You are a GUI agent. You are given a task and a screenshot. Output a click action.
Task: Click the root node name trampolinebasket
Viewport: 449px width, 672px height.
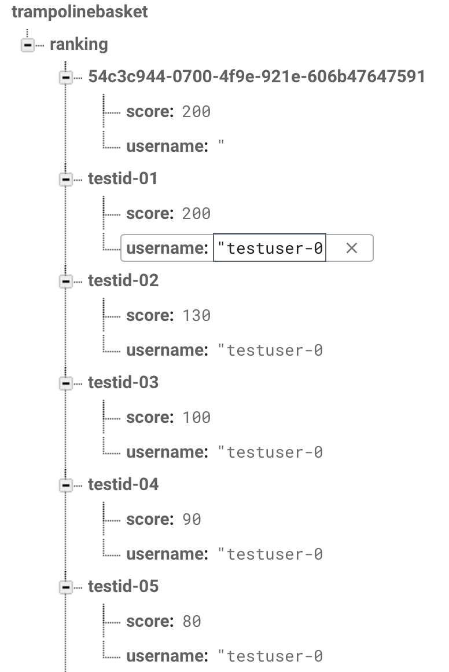tap(80, 12)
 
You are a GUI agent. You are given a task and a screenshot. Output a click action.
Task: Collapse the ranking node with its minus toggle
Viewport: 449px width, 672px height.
tap(28, 45)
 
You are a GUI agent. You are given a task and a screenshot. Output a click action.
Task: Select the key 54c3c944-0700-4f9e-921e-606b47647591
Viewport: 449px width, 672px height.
tap(256, 76)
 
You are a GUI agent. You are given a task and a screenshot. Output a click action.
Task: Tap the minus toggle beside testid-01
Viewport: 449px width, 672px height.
tap(65, 179)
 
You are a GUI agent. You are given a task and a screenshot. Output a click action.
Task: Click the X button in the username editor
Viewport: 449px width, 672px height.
tap(351, 248)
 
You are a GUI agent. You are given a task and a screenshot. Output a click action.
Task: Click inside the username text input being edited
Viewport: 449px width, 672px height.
tap(270, 248)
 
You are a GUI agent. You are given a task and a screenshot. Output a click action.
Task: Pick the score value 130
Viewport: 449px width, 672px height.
tap(197, 315)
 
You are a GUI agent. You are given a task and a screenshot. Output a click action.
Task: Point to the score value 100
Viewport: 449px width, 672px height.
tap(197, 418)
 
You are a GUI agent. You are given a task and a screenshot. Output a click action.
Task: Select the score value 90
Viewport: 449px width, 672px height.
tap(192, 520)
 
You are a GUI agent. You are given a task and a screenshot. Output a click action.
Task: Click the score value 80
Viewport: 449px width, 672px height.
tap(192, 622)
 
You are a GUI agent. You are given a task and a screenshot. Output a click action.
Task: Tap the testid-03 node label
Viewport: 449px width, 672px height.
tap(123, 382)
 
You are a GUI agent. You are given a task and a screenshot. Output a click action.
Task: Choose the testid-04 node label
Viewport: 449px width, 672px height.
tap(123, 484)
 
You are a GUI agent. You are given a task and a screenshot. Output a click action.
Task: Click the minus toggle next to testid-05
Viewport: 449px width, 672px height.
tap(65, 587)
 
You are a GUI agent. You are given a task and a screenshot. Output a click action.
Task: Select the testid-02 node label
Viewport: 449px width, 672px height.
tap(123, 280)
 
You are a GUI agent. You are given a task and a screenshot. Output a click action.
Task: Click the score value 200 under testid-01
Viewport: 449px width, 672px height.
tap(197, 213)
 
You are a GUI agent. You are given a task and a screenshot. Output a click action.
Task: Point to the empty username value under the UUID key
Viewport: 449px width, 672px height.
tap(221, 144)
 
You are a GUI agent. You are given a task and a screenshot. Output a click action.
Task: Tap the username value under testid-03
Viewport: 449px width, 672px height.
tap(271, 452)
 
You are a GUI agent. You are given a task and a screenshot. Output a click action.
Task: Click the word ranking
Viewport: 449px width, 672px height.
tap(79, 45)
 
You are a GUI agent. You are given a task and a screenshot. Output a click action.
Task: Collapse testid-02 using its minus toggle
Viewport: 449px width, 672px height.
tap(65, 281)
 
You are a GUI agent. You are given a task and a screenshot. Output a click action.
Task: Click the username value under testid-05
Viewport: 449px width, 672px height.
tap(271, 656)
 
